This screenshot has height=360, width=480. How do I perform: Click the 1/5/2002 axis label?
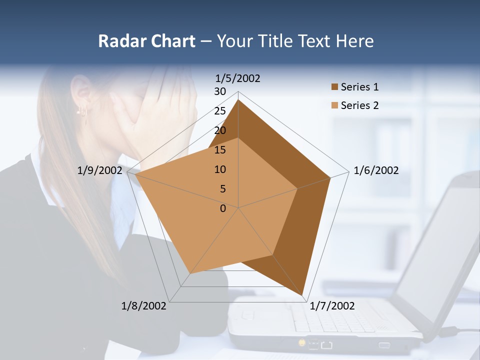237,78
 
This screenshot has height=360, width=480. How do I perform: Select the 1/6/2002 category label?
376,170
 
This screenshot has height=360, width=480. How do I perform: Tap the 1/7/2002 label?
332,306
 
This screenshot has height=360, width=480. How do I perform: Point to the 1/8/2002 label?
144,306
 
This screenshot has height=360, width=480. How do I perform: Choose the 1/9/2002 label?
100,170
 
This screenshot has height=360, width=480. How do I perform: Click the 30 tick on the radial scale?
220,91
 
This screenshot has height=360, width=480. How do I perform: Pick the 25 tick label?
220,111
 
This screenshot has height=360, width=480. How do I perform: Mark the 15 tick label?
220,150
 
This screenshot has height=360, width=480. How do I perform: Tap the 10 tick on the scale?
220,169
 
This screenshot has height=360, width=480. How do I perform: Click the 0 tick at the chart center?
223,208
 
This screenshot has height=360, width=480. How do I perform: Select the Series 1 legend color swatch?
334,87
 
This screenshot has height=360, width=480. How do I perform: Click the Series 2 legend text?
359,105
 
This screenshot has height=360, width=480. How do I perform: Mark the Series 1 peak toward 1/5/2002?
238,100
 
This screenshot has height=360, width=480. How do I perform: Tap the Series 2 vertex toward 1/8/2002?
190,273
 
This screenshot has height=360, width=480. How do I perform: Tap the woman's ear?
80,90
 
